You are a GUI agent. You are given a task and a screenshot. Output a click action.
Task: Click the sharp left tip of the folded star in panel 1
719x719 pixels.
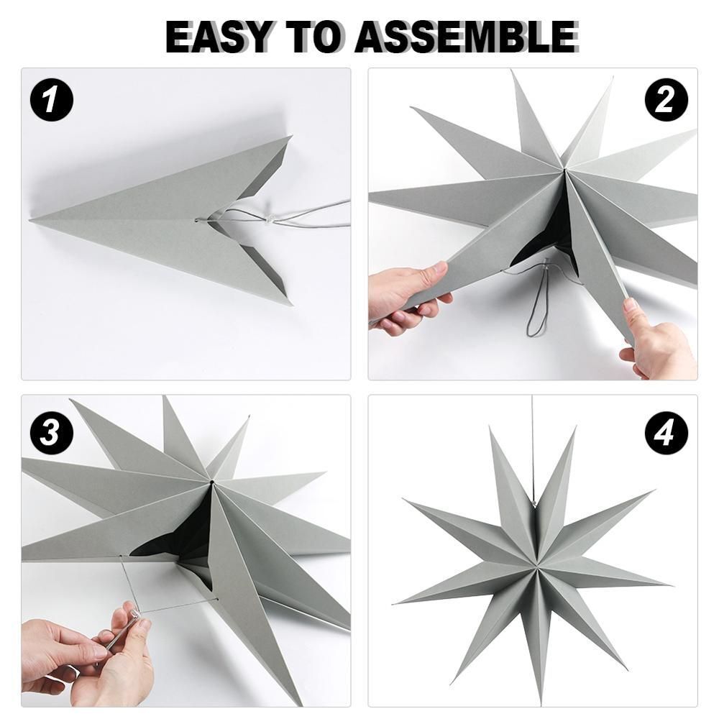pyautogui.click(x=32, y=220)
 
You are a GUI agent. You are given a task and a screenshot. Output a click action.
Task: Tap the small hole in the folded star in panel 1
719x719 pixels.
pyautogui.click(x=197, y=219)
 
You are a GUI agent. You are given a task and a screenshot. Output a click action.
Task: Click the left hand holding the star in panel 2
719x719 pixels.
pyautogui.click(x=403, y=295)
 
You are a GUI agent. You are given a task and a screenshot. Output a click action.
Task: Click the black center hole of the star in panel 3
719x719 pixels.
pyautogui.click(x=212, y=480)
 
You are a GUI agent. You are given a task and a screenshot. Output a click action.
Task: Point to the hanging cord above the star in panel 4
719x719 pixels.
pyautogui.click(x=533, y=453)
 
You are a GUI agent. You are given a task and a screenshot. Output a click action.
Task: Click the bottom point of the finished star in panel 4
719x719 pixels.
pyautogui.click(x=539, y=701)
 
